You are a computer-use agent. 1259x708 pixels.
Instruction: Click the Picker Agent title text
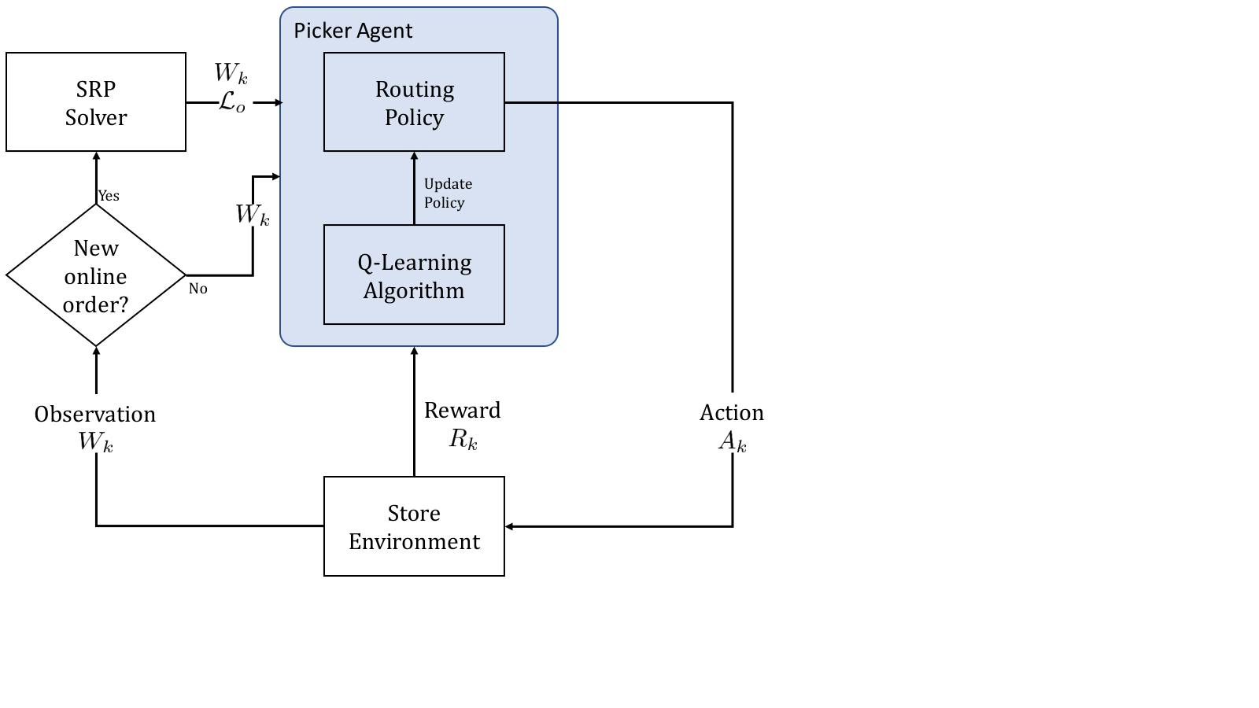coord(353,31)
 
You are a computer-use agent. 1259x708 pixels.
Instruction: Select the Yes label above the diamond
coord(109,196)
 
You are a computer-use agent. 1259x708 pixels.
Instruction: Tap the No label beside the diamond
coord(198,289)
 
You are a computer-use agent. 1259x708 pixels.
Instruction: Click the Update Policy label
coord(448,194)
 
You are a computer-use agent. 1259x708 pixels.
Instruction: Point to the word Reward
coord(462,410)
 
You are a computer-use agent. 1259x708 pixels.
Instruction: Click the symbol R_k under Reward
coord(463,439)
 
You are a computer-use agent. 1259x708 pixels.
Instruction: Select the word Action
coord(732,412)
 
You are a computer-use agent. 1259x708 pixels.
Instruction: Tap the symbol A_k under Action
coord(733,441)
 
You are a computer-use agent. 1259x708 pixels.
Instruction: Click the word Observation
coord(95,414)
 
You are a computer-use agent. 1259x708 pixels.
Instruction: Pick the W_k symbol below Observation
coord(95,441)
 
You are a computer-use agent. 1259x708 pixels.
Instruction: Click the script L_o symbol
coord(231,102)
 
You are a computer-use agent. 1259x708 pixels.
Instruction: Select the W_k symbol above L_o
coord(231,72)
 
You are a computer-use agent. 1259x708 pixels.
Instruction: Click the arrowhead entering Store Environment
coord(509,526)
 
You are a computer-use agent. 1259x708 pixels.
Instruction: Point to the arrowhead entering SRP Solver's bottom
coord(96,157)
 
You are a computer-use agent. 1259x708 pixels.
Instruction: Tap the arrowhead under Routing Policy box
coord(414,157)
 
